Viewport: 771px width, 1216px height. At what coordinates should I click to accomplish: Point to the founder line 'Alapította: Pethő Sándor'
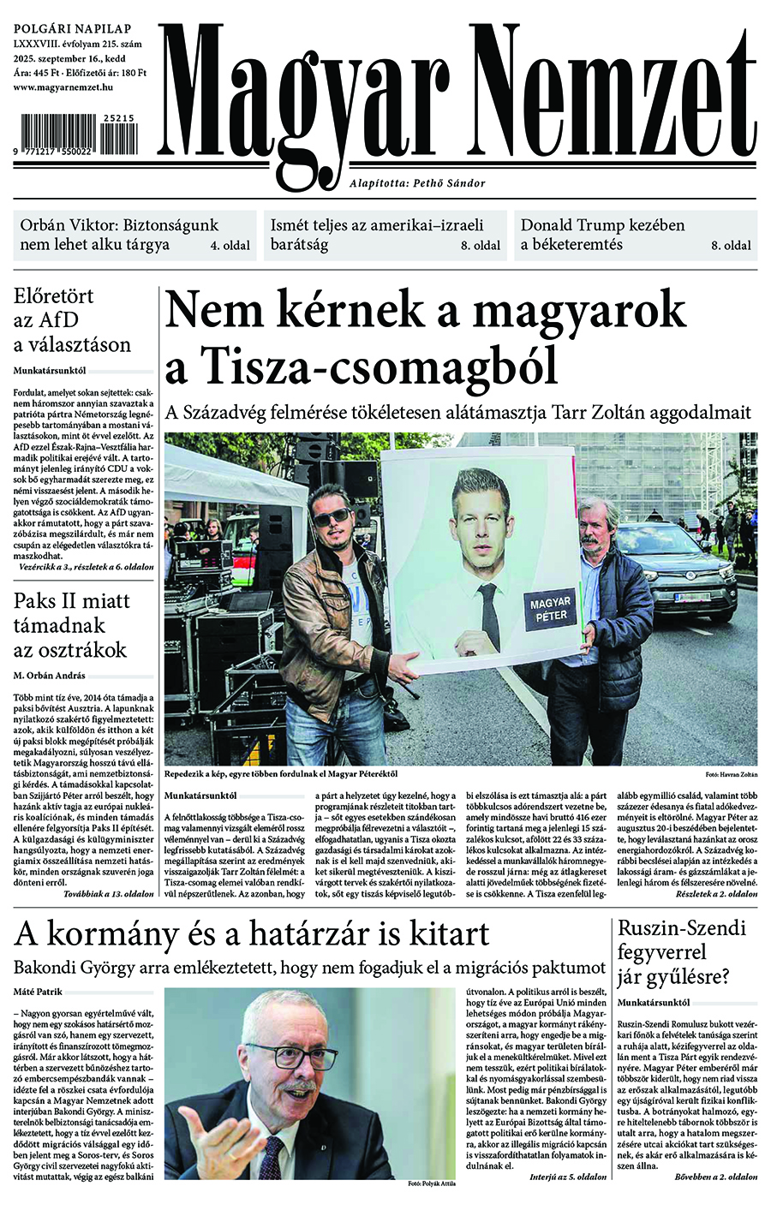(x=417, y=183)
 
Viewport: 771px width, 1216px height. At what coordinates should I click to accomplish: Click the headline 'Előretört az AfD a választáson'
(x=73, y=321)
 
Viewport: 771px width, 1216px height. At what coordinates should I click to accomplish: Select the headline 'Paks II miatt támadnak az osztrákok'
(x=73, y=625)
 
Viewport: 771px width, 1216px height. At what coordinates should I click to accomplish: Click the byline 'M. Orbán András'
(x=49, y=676)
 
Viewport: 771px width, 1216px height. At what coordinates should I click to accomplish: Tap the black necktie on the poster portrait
(x=487, y=617)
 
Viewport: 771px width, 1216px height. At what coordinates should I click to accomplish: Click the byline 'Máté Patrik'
(x=37, y=992)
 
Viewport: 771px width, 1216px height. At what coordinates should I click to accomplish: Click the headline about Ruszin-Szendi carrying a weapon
(x=683, y=951)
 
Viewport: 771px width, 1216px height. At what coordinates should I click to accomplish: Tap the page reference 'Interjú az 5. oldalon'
(x=567, y=1177)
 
